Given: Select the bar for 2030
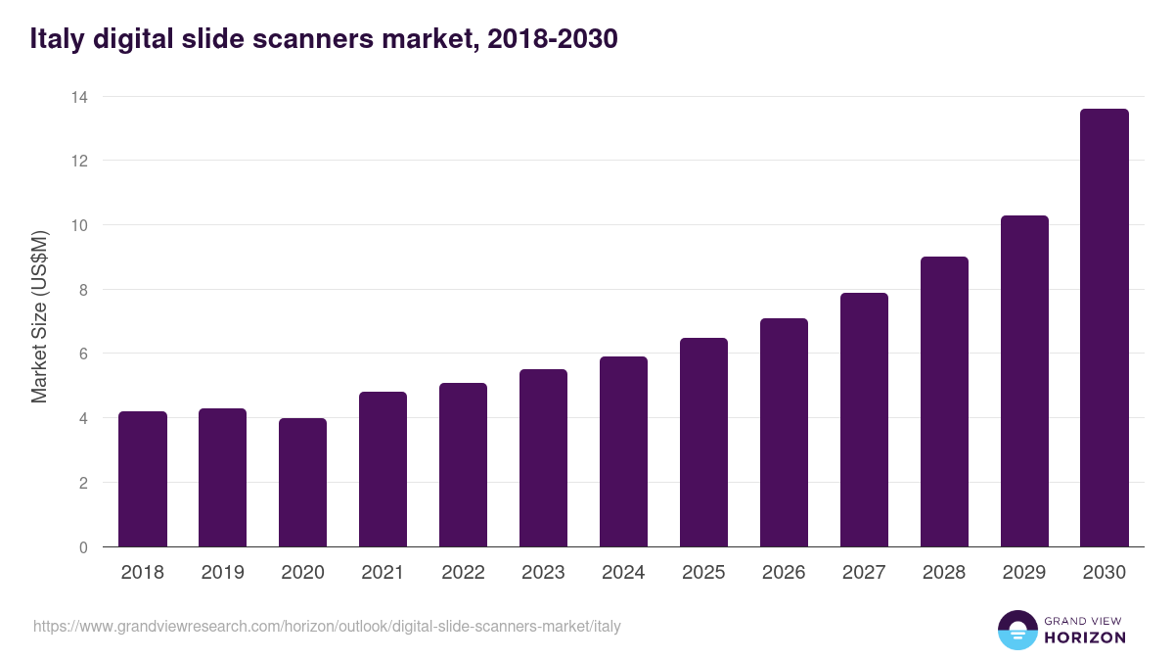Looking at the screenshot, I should click(x=1105, y=328).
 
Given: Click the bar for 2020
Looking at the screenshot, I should click(x=302, y=483).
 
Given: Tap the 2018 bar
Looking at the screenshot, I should click(x=143, y=479).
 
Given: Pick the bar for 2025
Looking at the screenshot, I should click(x=703, y=443).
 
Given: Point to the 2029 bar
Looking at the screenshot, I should click(x=1024, y=381).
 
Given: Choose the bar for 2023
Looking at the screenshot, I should click(x=543, y=458).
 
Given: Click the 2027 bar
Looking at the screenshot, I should click(x=864, y=420).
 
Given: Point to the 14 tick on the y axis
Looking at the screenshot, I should click(x=78, y=97).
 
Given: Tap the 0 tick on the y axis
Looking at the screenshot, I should click(x=83, y=547).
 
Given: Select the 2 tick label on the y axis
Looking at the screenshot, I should click(x=83, y=483).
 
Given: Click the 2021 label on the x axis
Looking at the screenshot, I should click(x=383, y=573).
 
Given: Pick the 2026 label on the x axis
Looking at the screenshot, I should click(x=784, y=573).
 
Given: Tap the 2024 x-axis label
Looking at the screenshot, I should click(x=623, y=573).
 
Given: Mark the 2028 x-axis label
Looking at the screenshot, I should click(x=944, y=573).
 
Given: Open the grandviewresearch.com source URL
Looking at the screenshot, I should click(x=327, y=626).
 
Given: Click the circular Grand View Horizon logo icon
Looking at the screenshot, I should click(x=1016, y=630).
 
